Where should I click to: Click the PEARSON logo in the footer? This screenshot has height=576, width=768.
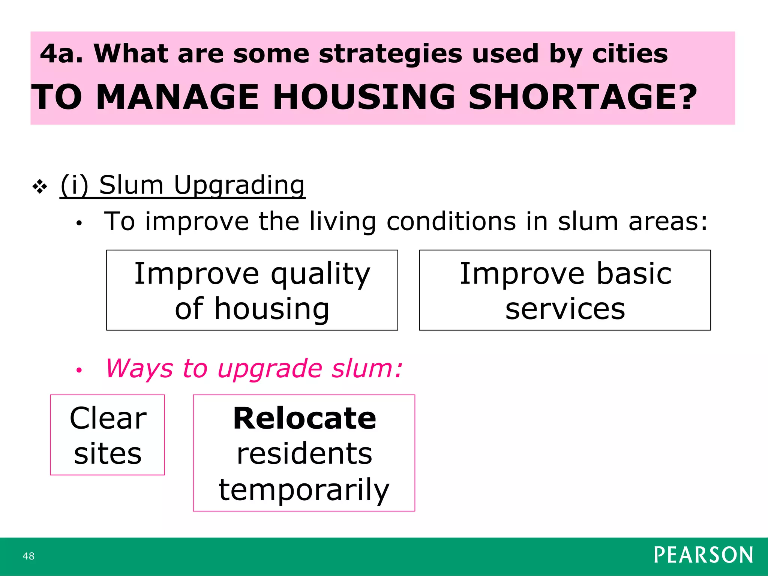(703, 555)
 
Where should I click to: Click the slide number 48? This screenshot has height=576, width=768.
(28, 556)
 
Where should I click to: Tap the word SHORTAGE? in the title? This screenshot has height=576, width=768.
(582, 97)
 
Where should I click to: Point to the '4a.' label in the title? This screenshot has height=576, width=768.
(61, 54)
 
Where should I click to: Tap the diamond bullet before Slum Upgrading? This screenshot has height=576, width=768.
(40, 186)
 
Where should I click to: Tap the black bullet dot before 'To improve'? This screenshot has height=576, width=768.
(79, 223)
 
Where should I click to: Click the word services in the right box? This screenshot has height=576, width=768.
(565, 309)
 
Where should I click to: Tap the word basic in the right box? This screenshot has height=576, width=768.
(634, 273)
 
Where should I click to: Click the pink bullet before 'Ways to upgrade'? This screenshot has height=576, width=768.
(79, 370)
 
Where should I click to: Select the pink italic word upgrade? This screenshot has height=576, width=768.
(270, 369)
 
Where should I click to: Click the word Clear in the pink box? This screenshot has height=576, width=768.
(108, 418)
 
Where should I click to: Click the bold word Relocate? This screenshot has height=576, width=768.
(304, 418)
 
